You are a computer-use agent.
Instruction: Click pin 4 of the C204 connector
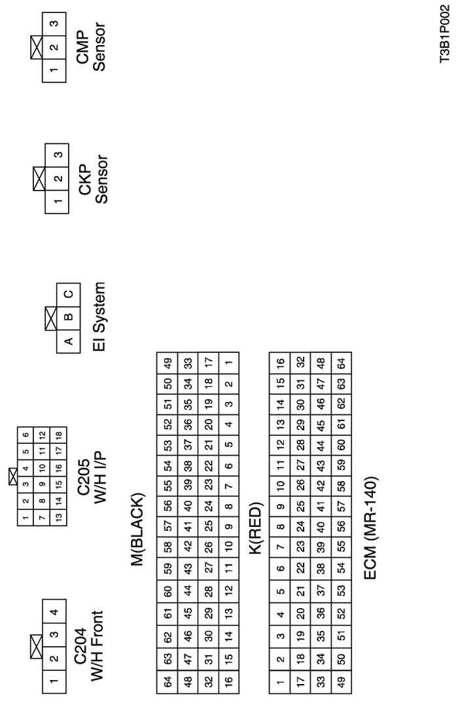click(x=54, y=611)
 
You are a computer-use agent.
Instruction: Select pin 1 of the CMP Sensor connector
click(x=54, y=71)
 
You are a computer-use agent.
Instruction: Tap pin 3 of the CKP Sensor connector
click(x=57, y=155)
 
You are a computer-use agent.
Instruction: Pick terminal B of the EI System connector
click(x=68, y=317)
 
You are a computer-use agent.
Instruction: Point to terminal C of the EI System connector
click(x=68, y=295)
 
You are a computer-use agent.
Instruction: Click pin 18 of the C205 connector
click(x=58, y=435)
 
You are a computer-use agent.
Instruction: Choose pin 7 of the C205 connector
click(x=42, y=518)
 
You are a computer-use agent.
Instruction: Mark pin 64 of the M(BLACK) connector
click(x=167, y=683)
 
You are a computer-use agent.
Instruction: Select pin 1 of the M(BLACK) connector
click(x=229, y=363)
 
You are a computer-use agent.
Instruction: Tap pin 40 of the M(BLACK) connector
click(x=188, y=506)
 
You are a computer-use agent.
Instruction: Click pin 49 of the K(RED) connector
click(x=341, y=683)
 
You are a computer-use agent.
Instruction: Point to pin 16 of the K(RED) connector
click(x=279, y=363)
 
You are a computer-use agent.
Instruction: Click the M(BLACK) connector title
click(x=138, y=530)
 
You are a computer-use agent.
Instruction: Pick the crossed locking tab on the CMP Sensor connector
click(x=37, y=47)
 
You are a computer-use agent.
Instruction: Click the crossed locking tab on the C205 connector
click(x=13, y=476)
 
